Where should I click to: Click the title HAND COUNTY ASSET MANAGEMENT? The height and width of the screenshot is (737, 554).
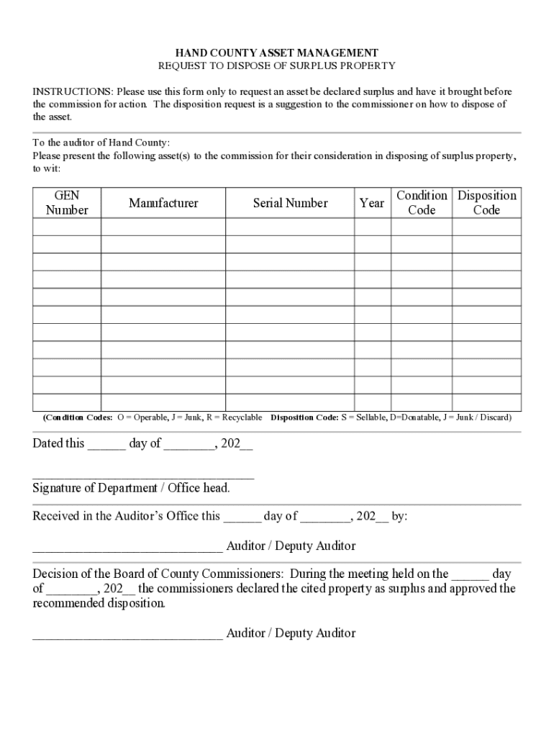pos(277,53)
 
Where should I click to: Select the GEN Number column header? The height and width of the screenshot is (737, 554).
pos(67,203)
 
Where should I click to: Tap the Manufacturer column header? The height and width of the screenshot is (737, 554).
pos(163,203)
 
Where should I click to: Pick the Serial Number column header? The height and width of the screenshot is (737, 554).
pos(290,203)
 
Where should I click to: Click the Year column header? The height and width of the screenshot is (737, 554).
pos(372,203)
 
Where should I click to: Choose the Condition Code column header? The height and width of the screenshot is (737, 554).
pos(422,203)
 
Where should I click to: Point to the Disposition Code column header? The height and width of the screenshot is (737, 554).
pos(486,203)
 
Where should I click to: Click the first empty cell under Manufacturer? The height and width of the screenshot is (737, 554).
pos(163,227)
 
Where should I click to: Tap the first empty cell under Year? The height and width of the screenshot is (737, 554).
pos(372,227)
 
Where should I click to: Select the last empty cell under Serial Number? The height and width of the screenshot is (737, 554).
pos(290,402)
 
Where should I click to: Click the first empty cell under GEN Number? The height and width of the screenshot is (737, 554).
pos(67,227)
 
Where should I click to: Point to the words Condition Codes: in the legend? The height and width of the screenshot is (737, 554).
pos(78,417)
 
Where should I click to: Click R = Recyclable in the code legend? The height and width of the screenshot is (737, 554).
pos(234,417)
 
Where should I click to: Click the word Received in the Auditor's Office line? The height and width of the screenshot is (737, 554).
pos(58,516)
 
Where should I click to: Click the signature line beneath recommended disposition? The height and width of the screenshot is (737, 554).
pos(127,635)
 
